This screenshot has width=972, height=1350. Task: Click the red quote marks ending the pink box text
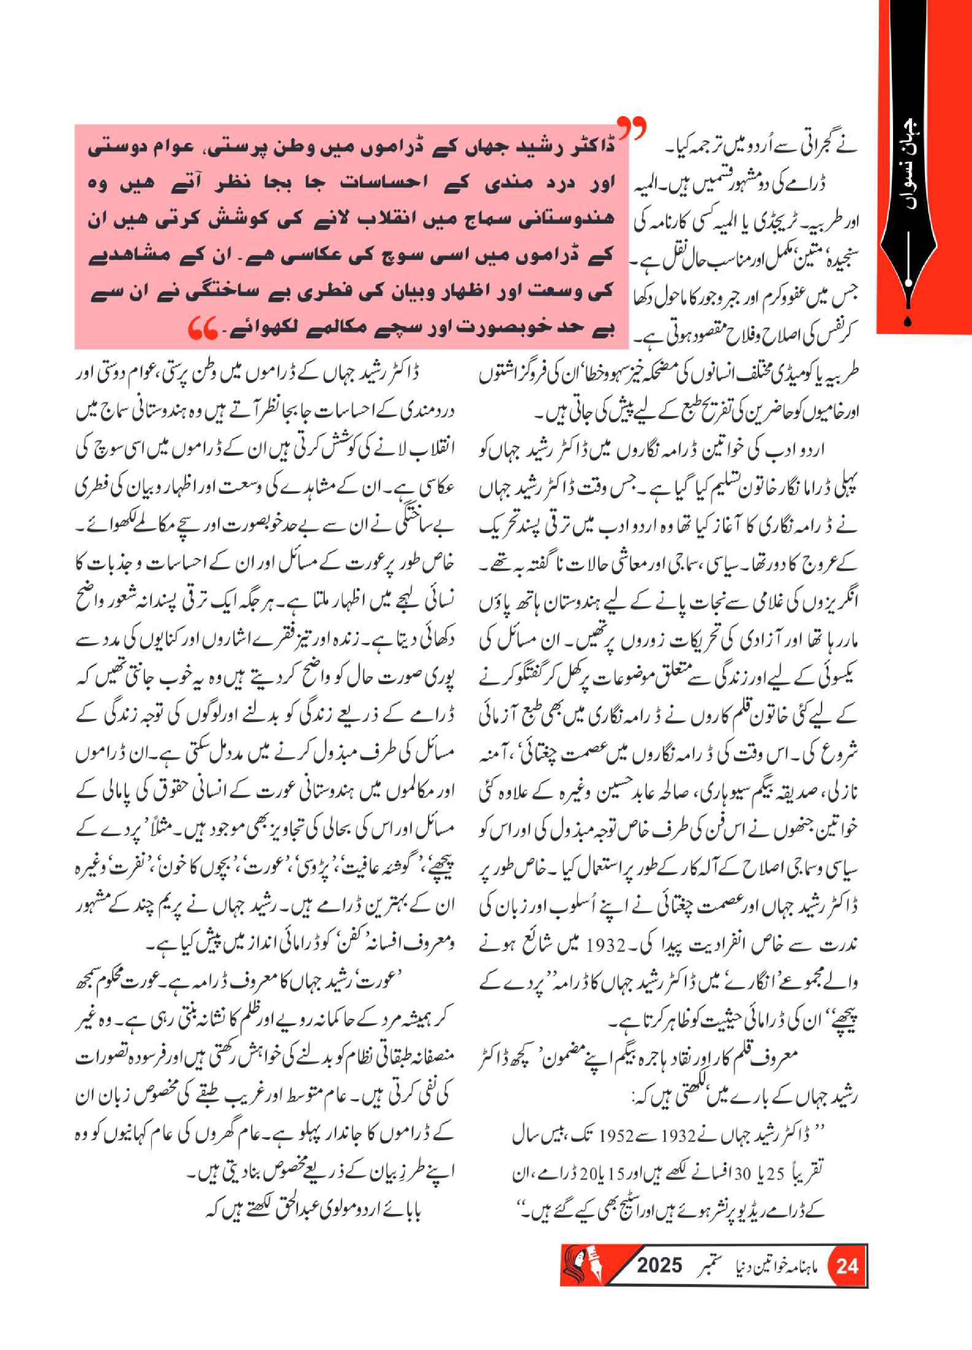[202, 328]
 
